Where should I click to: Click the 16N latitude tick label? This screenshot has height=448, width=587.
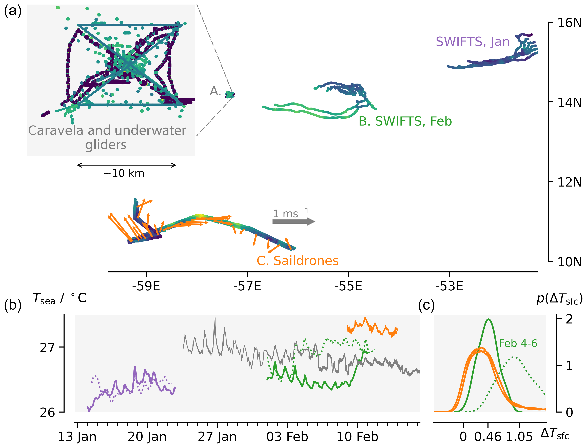(x=569, y=23)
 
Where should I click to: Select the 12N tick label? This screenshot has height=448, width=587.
(x=569, y=182)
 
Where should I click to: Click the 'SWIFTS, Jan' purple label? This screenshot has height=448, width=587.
(x=473, y=42)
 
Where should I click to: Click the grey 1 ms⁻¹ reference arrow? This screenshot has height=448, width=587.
(x=293, y=221)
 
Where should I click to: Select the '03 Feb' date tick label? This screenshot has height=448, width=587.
(x=287, y=437)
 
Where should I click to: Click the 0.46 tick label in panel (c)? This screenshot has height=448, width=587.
(x=488, y=437)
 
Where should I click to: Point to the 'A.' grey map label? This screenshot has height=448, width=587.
(x=215, y=91)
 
